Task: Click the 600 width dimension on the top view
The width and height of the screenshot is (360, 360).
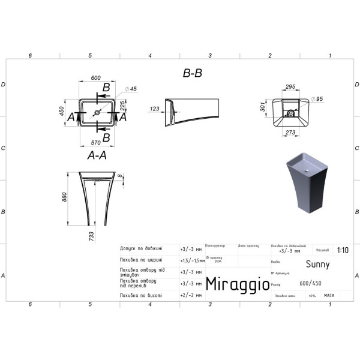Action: tap(95, 78)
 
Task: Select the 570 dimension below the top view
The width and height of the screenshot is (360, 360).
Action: tap(95, 143)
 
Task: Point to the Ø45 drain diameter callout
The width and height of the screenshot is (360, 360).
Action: tap(132, 89)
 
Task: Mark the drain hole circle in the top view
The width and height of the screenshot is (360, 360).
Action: tap(97, 112)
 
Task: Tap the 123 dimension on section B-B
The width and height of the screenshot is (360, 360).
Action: tap(154, 109)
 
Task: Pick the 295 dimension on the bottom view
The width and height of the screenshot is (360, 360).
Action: tap(290, 88)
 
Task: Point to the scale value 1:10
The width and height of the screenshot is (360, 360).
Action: tap(342, 251)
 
